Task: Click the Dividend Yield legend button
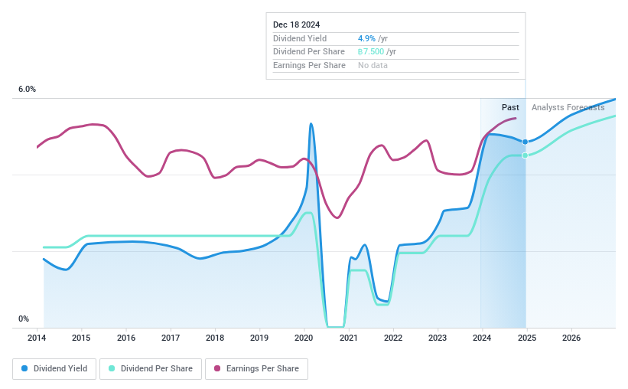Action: pyautogui.click(x=54, y=368)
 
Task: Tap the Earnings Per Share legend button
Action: pyautogui.click(x=256, y=368)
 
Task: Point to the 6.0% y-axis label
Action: pyautogui.click(x=27, y=90)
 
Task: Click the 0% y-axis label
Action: pyautogui.click(x=24, y=319)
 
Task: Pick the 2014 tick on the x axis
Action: pyautogui.click(x=37, y=338)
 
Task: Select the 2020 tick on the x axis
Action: pyautogui.click(x=304, y=338)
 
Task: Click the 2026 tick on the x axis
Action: pyautogui.click(x=571, y=338)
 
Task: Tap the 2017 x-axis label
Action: pyautogui.click(x=171, y=338)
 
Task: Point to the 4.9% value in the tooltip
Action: pyautogui.click(x=366, y=38)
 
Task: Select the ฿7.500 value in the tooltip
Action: pyautogui.click(x=371, y=52)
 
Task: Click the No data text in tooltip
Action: pyautogui.click(x=373, y=66)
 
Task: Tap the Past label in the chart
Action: pyautogui.click(x=510, y=107)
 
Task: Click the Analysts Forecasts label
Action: pyautogui.click(x=568, y=107)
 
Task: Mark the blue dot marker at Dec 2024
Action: pyautogui.click(x=525, y=142)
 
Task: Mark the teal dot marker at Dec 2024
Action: pyautogui.click(x=525, y=155)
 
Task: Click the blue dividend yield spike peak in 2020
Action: pyautogui.click(x=311, y=123)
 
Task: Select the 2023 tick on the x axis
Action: pyautogui.click(x=438, y=338)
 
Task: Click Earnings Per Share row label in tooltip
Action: pyautogui.click(x=309, y=66)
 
